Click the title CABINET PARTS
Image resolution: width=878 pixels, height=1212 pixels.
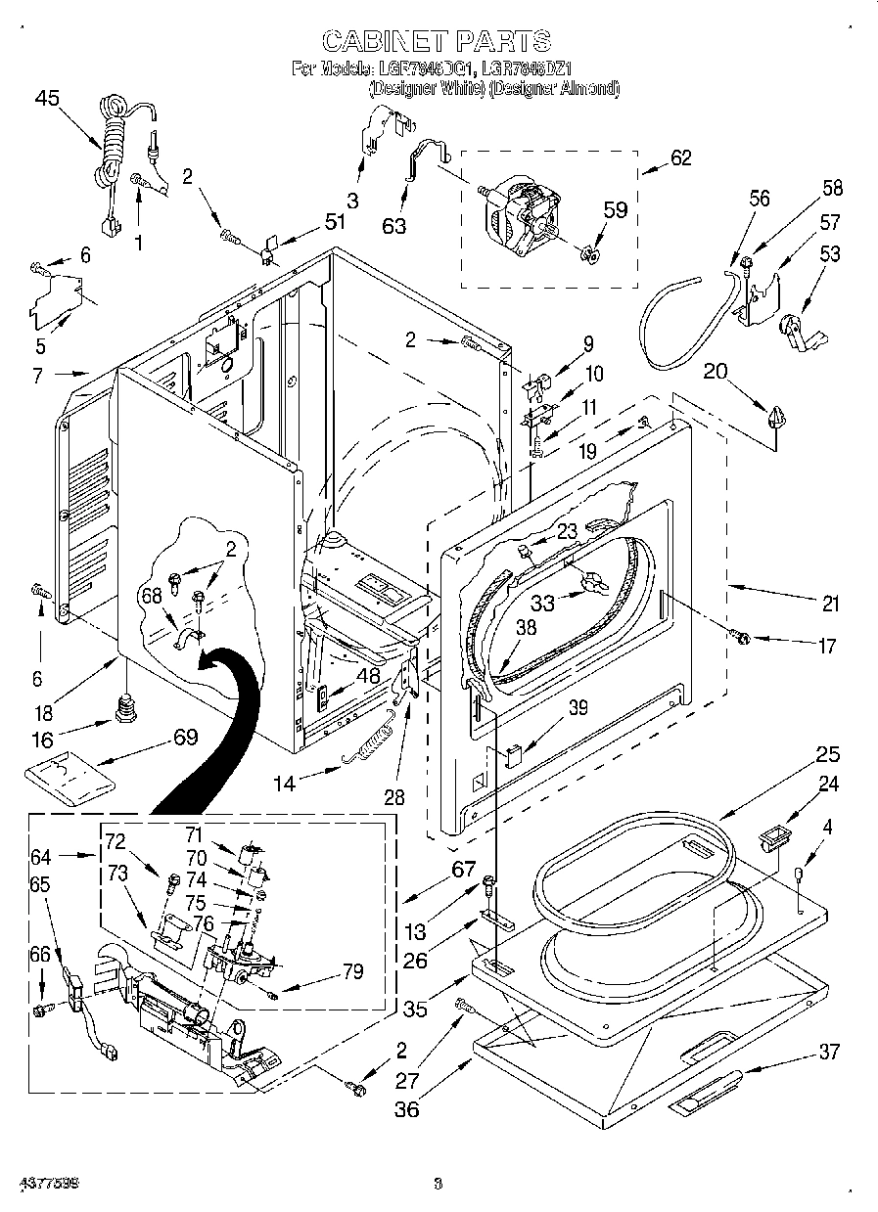(437, 40)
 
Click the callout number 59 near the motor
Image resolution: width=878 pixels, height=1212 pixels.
(615, 209)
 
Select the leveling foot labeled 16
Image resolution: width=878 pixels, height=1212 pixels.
(124, 707)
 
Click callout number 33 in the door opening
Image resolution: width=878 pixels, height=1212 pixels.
(541, 604)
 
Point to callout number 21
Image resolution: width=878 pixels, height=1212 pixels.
(830, 605)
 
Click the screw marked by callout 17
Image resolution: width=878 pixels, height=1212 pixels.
(740, 638)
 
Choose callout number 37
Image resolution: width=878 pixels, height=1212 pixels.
(829, 1052)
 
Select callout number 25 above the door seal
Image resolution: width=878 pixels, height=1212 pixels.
(828, 754)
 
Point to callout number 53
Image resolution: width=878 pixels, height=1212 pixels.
(829, 254)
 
